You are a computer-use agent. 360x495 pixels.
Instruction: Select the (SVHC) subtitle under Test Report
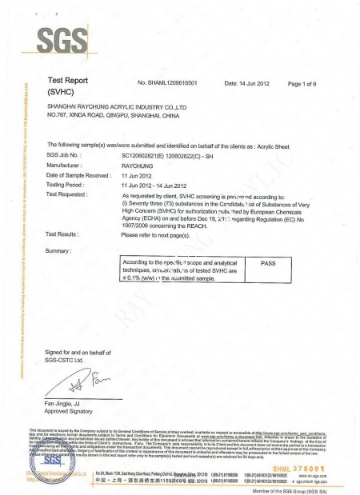click(63, 93)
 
